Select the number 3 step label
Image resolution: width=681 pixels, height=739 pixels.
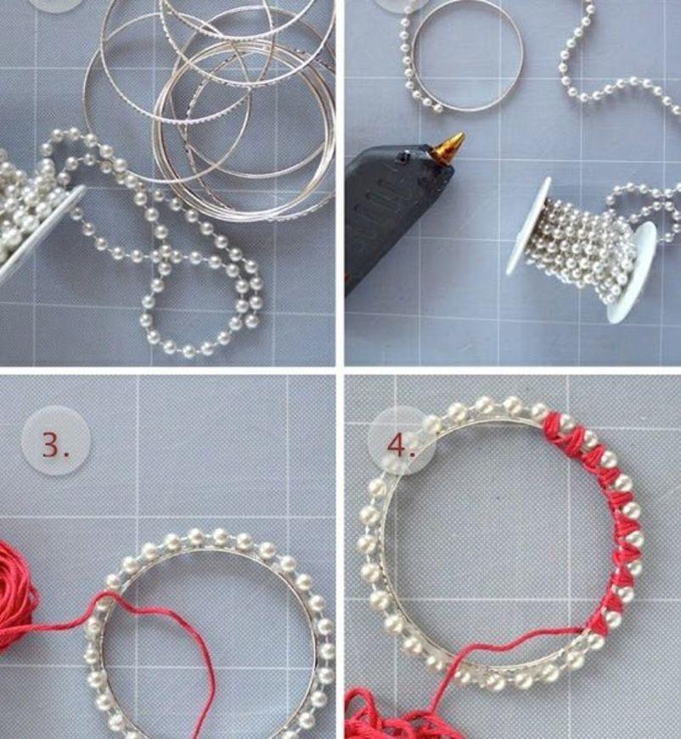click(x=55, y=444)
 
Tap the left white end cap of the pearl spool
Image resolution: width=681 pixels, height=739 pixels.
click(x=528, y=225)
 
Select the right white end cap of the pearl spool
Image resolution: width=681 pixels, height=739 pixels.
click(x=632, y=273)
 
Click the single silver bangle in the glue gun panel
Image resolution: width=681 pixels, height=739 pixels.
click(x=468, y=55)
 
